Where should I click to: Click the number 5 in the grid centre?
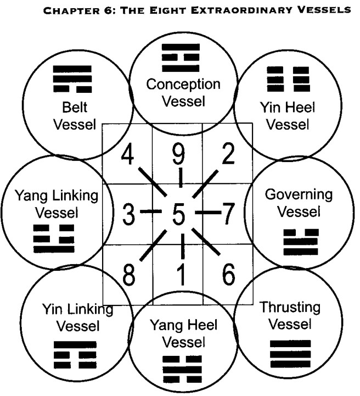[x=178, y=214]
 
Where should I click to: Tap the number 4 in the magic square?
[x=128, y=154]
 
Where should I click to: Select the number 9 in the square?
[x=178, y=154]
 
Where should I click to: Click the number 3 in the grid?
[x=128, y=214]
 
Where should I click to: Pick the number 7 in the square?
[x=228, y=214]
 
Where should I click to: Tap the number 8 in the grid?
[x=128, y=275]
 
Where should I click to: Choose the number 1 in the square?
[x=181, y=275]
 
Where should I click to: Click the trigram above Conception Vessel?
[x=181, y=58]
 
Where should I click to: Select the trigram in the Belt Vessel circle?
[x=72, y=79]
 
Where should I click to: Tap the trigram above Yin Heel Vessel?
[x=288, y=79]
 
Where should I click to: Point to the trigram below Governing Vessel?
[x=301, y=242]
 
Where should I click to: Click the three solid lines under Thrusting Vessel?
[x=290, y=354]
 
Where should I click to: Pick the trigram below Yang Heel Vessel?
[x=182, y=369]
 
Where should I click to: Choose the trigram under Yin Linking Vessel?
[x=75, y=355]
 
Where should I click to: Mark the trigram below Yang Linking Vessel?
[x=54, y=239]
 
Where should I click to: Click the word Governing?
[x=299, y=195]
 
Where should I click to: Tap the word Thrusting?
[x=290, y=307]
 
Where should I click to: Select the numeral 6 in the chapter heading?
[x=107, y=10]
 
